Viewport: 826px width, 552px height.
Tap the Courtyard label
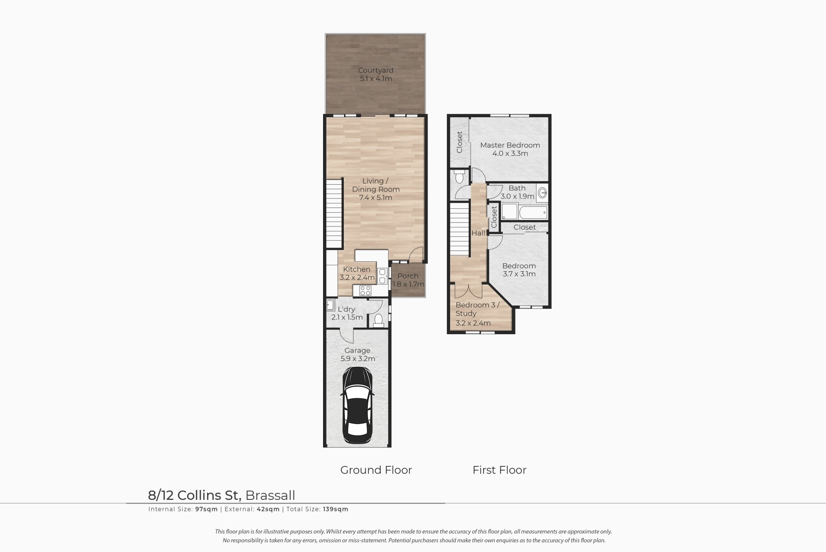click(x=376, y=70)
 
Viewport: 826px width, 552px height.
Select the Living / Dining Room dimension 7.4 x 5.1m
click(x=376, y=198)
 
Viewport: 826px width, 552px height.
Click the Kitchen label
click(x=357, y=269)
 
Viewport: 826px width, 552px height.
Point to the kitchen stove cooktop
click(x=365, y=290)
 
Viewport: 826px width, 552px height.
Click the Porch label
click(x=408, y=276)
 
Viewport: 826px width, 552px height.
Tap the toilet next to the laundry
click(x=379, y=320)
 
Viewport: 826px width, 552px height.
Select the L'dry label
click(x=346, y=309)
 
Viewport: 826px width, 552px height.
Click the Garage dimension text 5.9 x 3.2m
click(x=357, y=359)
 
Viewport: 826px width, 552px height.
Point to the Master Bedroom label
click(x=510, y=145)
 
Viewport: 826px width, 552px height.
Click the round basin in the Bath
click(x=542, y=192)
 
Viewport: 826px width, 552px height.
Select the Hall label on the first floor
click(x=478, y=233)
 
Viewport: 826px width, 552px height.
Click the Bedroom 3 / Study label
click(x=478, y=309)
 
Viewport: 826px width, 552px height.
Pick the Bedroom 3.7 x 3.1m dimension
click(x=519, y=274)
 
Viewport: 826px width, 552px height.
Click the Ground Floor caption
click(x=376, y=470)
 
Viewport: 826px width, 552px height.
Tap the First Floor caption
click(x=499, y=470)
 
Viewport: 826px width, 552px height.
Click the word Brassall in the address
click(x=270, y=495)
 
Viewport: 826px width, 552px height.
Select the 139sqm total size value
click(x=335, y=509)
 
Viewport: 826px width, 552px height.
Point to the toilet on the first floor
click(x=459, y=177)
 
